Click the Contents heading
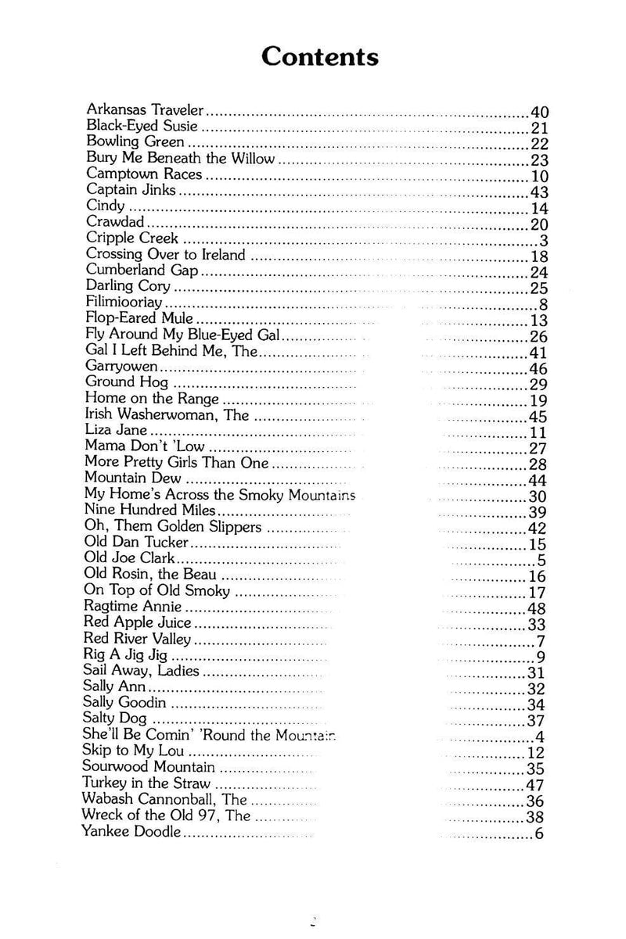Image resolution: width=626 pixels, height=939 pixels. click(320, 57)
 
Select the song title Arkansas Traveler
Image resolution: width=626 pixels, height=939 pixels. click(145, 109)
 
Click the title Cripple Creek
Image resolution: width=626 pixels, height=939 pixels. click(132, 238)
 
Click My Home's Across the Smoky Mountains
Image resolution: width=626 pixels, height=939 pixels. click(219, 495)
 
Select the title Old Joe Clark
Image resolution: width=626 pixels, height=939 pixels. click(129, 559)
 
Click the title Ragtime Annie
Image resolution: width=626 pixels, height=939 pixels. click(132, 607)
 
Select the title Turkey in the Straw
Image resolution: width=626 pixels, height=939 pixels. click(146, 783)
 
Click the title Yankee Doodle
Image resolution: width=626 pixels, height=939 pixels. click(131, 830)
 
